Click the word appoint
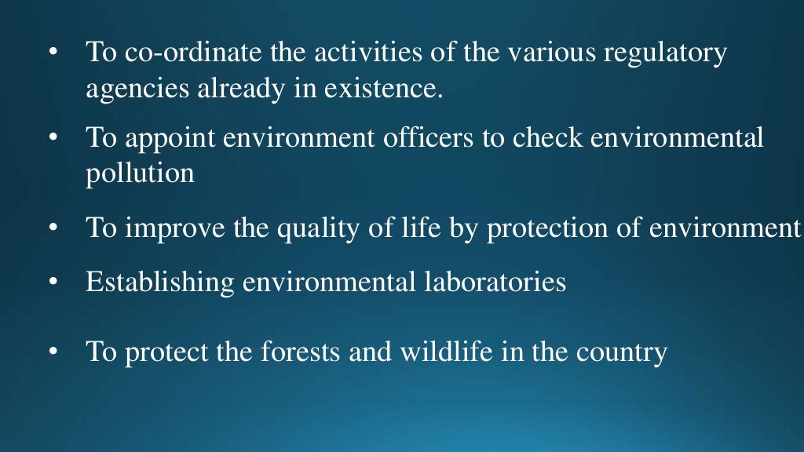(x=170, y=140)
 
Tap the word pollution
(x=140, y=173)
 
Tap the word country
(x=621, y=352)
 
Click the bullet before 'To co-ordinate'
(x=53, y=54)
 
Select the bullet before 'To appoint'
(x=53, y=139)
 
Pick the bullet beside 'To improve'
(x=53, y=228)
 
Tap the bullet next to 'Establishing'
(x=53, y=281)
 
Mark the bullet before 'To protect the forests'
(x=53, y=352)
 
